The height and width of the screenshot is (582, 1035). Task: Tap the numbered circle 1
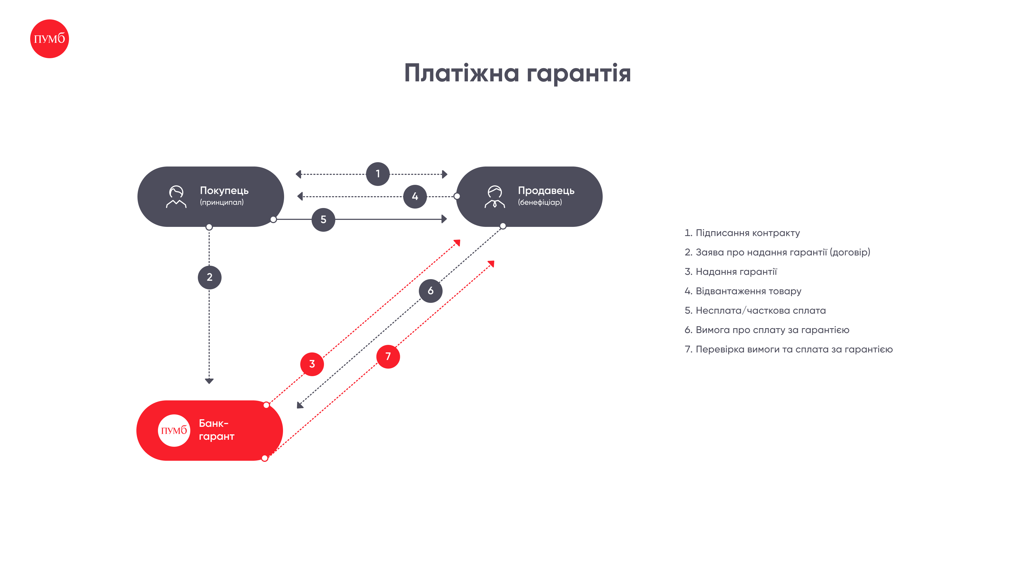coord(378,174)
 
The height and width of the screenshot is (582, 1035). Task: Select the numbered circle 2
coord(209,277)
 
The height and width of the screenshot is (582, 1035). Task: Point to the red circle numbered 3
coord(312,364)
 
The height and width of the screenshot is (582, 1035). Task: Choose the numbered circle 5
coord(323,220)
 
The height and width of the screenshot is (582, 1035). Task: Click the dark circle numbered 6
coord(431,291)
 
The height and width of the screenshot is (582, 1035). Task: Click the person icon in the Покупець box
coord(176,196)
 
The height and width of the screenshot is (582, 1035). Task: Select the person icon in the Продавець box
coord(495,196)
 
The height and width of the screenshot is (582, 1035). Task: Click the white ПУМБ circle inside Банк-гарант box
coord(174,431)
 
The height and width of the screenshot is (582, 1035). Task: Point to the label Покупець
coord(224,190)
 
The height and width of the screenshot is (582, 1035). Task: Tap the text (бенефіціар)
coord(540,202)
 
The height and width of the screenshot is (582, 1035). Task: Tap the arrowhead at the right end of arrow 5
coord(444,219)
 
